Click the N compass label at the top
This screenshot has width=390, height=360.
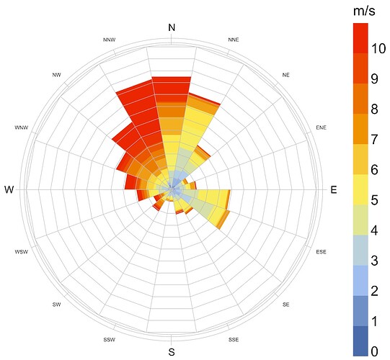pos(172,27)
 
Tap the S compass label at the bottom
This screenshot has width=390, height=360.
pos(172,352)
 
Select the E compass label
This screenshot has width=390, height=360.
pos(334,190)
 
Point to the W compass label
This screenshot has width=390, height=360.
pos(9,190)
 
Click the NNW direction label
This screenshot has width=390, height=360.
pos(110,40)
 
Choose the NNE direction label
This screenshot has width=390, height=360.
pos(234,40)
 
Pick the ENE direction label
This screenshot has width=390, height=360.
pos(321,127)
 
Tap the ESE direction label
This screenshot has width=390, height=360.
pos(321,252)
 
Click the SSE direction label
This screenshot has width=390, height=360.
pos(234,340)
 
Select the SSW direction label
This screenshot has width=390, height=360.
pos(110,340)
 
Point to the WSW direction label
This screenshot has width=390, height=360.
pos(22,252)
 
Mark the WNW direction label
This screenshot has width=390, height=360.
pos(22,127)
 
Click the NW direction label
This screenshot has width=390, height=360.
pos(56,75)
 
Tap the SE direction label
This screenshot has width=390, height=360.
pos(285,305)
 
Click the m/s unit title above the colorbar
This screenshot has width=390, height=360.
pos(364,12)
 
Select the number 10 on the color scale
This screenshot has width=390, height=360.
pos(378,48)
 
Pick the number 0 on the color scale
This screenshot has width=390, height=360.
pos(375,351)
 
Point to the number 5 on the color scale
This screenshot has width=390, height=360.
pos(375,200)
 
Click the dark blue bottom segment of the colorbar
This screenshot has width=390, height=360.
pos(360,341)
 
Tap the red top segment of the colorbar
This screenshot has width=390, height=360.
pos(360,38)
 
